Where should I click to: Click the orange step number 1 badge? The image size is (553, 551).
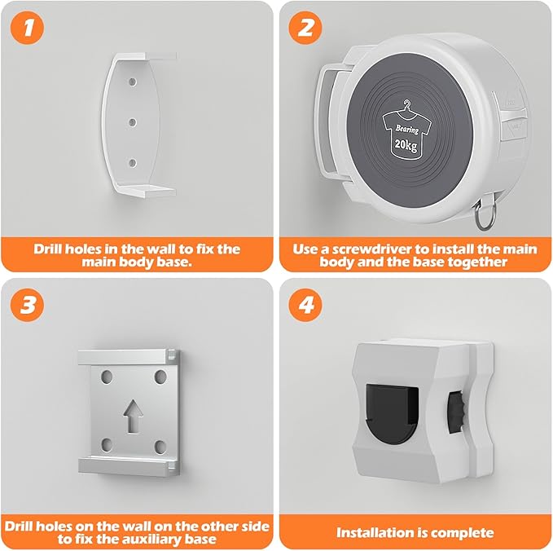27,28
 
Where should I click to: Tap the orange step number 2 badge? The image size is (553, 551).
305,28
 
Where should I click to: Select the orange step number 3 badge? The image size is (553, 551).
27,305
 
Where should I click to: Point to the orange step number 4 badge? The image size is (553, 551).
305,305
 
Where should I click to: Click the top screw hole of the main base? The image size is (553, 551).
133,82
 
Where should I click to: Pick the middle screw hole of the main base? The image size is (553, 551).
133,122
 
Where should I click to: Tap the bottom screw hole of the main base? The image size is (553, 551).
133,163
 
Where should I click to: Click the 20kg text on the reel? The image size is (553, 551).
406,145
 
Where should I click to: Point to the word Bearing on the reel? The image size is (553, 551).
407,130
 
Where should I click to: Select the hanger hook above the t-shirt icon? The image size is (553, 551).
407,105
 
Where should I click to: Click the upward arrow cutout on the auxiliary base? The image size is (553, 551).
133,417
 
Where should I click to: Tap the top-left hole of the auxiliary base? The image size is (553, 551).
107,377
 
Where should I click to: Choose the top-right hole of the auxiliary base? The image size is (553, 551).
160,377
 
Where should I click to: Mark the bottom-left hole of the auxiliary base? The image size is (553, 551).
107,445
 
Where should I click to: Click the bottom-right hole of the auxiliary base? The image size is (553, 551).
160,447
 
